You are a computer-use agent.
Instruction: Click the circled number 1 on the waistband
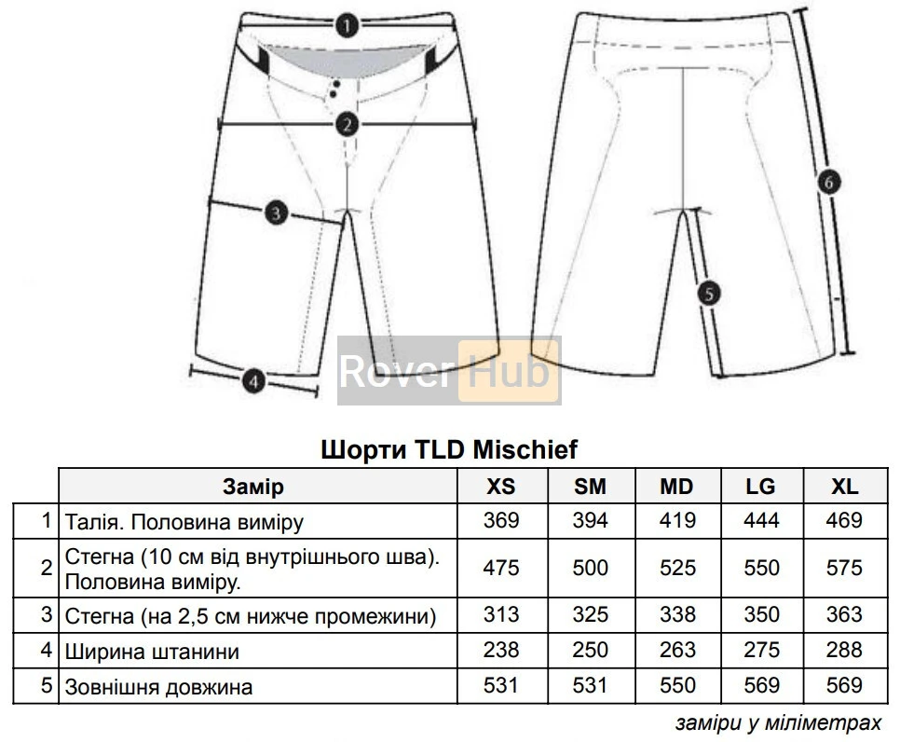pyautogui.click(x=347, y=25)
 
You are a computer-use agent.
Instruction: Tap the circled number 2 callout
pyautogui.click(x=347, y=123)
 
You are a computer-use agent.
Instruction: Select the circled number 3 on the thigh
pyautogui.click(x=274, y=213)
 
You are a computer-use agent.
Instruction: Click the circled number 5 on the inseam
pyautogui.click(x=708, y=294)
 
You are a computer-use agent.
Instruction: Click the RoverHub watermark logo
pyautogui.click(x=449, y=371)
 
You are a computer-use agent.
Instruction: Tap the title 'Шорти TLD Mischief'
pyautogui.click(x=449, y=450)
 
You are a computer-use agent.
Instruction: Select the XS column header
pyautogui.click(x=501, y=487)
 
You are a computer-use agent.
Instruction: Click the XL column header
pyautogui.click(x=844, y=487)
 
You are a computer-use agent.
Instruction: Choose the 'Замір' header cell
pyautogui.click(x=253, y=487)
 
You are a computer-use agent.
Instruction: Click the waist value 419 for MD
pyautogui.click(x=677, y=520)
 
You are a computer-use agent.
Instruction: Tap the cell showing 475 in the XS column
pyautogui.click(x=501, y=568)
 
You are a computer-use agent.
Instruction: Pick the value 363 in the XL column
pyautogui.click(x=844, y=615)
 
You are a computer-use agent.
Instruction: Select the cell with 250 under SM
pyautogui.click(x=590, y=651)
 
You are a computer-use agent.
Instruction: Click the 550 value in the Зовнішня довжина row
pyautogui.click(x=677, y=686)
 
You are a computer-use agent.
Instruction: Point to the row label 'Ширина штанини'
pyautogui.click(x=152, y=652)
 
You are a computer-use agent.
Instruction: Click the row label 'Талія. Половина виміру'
pyautogui.click(x=184, y=521)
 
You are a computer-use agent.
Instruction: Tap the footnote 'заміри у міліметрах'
pyautogui.click(x=776, y=723)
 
